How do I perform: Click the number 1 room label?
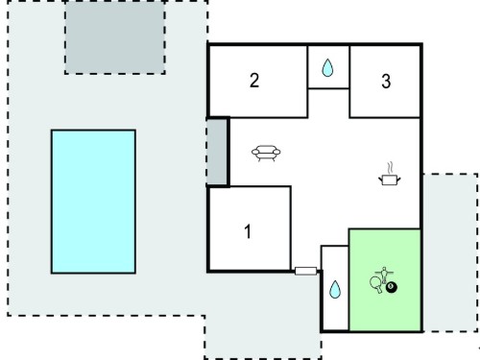[248, 231]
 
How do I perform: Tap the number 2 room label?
[254, 81]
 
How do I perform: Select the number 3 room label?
[386, 81]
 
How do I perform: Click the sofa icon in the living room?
[266, 153]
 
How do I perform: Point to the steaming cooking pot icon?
[390, 179]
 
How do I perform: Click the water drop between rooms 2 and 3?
[327, 67]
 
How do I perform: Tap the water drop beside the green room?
[335, 289]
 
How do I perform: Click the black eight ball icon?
[391, 287]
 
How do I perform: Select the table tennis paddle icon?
[375, 284]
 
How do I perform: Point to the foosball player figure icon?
[384, 275]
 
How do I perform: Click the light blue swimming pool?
[93, 202]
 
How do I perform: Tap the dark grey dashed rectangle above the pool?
[115, 37]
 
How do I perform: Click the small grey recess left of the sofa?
[217, 152]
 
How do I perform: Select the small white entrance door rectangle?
[305, 272]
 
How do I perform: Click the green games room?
[385, 279]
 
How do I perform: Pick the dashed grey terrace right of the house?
[450, 252]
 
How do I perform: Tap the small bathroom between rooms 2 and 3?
[328, 67]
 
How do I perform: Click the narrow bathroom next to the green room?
[335, 288]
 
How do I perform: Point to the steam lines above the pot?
[390, 168]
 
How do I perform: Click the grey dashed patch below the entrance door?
[263, 337]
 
